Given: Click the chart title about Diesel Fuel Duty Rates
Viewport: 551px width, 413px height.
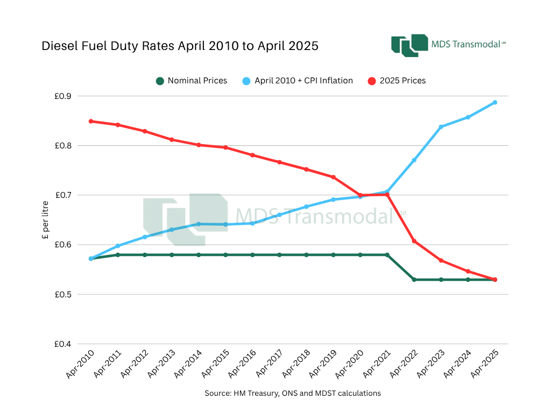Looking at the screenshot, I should (x=180, y=46).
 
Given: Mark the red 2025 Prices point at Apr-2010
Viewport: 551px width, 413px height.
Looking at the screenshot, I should (x=91, y=121).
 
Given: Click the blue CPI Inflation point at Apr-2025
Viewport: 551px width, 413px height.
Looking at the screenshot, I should (x=495, y=102).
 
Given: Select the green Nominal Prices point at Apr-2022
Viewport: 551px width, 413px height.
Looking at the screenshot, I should (x=414, y=280).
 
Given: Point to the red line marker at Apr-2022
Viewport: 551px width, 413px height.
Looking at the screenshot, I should (x=414, y=241).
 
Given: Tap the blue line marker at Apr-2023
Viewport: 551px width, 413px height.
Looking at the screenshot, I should (x=441, y=127).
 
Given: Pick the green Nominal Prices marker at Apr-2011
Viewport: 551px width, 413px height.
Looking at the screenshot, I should (x=118, y=255).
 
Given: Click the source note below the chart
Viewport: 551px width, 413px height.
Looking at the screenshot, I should (x=293, y=393).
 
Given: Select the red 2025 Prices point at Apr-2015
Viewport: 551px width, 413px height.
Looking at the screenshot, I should (x=225, y=147).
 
